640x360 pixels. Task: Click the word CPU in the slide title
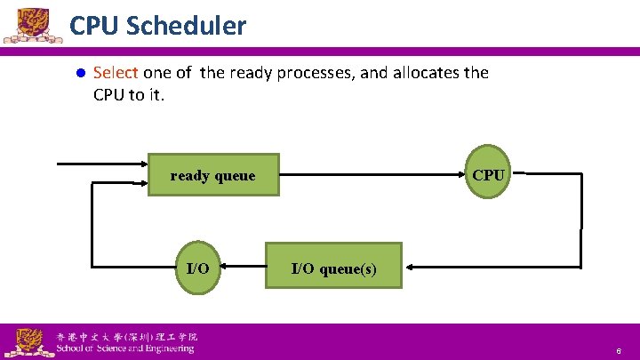click(x=95, y=26)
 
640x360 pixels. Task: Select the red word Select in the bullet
click(x=116, y=73)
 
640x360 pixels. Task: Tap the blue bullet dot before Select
click(x=79, y=74)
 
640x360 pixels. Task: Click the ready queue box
click(x=212, y=176)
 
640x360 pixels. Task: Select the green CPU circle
click(x=488, y=175)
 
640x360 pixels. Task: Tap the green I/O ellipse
click(x=197, y=268)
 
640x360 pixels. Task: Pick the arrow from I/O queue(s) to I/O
click(x=242, y=266)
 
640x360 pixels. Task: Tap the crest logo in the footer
click(x=27, y=341)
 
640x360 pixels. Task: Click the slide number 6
click(x=619, y=352)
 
